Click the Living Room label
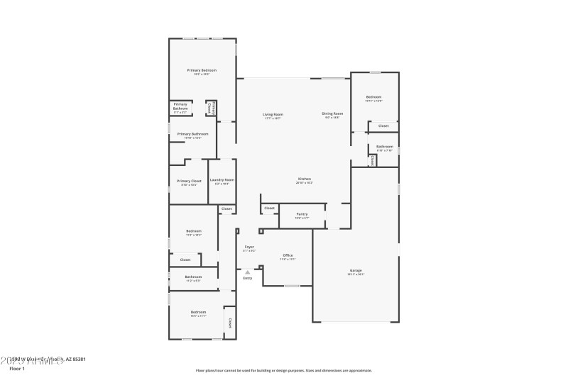pyautogui.click(x=273, y=114)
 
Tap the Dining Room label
pyautogui.click(x=332, y=113)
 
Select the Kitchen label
pyautogui.click(x=304, y=179)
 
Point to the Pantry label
pyautogui.click(x=302, y=213)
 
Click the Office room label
pyautogui.click(x=288, y=255)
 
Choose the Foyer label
pyautogui.click(x=249, y=247)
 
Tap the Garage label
pyautogui.click(x=355, y=270)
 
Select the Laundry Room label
pyautogui.click(x=222, y=180)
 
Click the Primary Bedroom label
pyautogui.click(x=202, y=70)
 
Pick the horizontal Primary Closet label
pyautogui.click(x=189, y=181)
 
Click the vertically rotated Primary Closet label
pyautogui.click(x=211, y=108)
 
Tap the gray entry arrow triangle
pyautogui.click(x=247, y=271)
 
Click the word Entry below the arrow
pyautogui.click(x=247, y=278)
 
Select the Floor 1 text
pyautogui.click(x=17, y=369)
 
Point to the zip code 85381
pyautogui.click(x=79, y=360)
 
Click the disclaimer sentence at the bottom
pyautogui.click(x=283, y=370)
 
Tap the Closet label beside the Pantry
pyautogui.click(x=269, y=208)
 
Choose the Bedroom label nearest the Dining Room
pyautogui.click(x=373, y=97)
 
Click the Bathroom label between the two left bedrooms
pyautogui.click(x=193, y=277)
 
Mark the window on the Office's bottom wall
pyautogui.click(x=291, y=286)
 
